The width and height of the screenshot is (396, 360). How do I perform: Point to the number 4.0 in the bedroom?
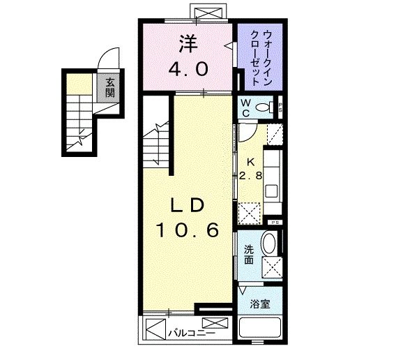[188, 70]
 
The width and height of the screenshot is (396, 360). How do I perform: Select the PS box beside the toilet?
[280, 107]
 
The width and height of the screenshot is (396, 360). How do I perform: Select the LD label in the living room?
[188, 205]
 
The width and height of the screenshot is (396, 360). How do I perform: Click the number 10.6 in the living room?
[188, 230]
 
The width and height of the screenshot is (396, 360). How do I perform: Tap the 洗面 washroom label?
[249, 256]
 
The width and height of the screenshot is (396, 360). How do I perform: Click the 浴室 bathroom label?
[260, 304]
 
